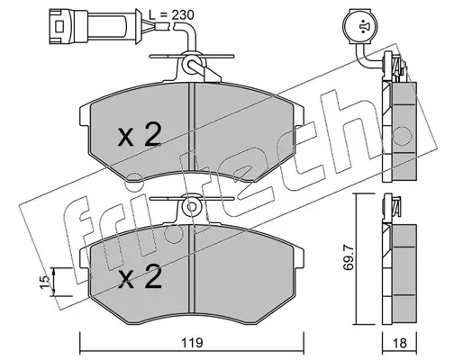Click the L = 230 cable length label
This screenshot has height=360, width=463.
click(171, 15)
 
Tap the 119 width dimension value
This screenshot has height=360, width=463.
click(192, 343)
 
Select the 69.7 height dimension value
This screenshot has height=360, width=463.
click(349, 257)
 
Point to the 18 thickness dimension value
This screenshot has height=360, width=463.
click(399, 343)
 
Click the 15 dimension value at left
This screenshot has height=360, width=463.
click(44, 283)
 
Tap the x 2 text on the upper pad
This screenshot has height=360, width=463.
click(140, 135)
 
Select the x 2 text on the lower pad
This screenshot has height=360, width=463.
click(140, 276)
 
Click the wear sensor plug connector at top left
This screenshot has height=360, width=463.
click(95, 27)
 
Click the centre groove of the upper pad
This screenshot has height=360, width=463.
click(192, 129)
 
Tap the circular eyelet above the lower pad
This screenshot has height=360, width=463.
click(191, 207)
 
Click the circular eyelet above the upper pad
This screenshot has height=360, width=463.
click(191, 64)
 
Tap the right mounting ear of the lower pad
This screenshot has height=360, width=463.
click(299, 257)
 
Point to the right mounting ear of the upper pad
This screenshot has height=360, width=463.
click(299, 116)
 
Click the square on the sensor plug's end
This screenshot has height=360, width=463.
click(59, 27)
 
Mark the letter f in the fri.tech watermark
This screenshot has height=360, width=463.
click(84, 234)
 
